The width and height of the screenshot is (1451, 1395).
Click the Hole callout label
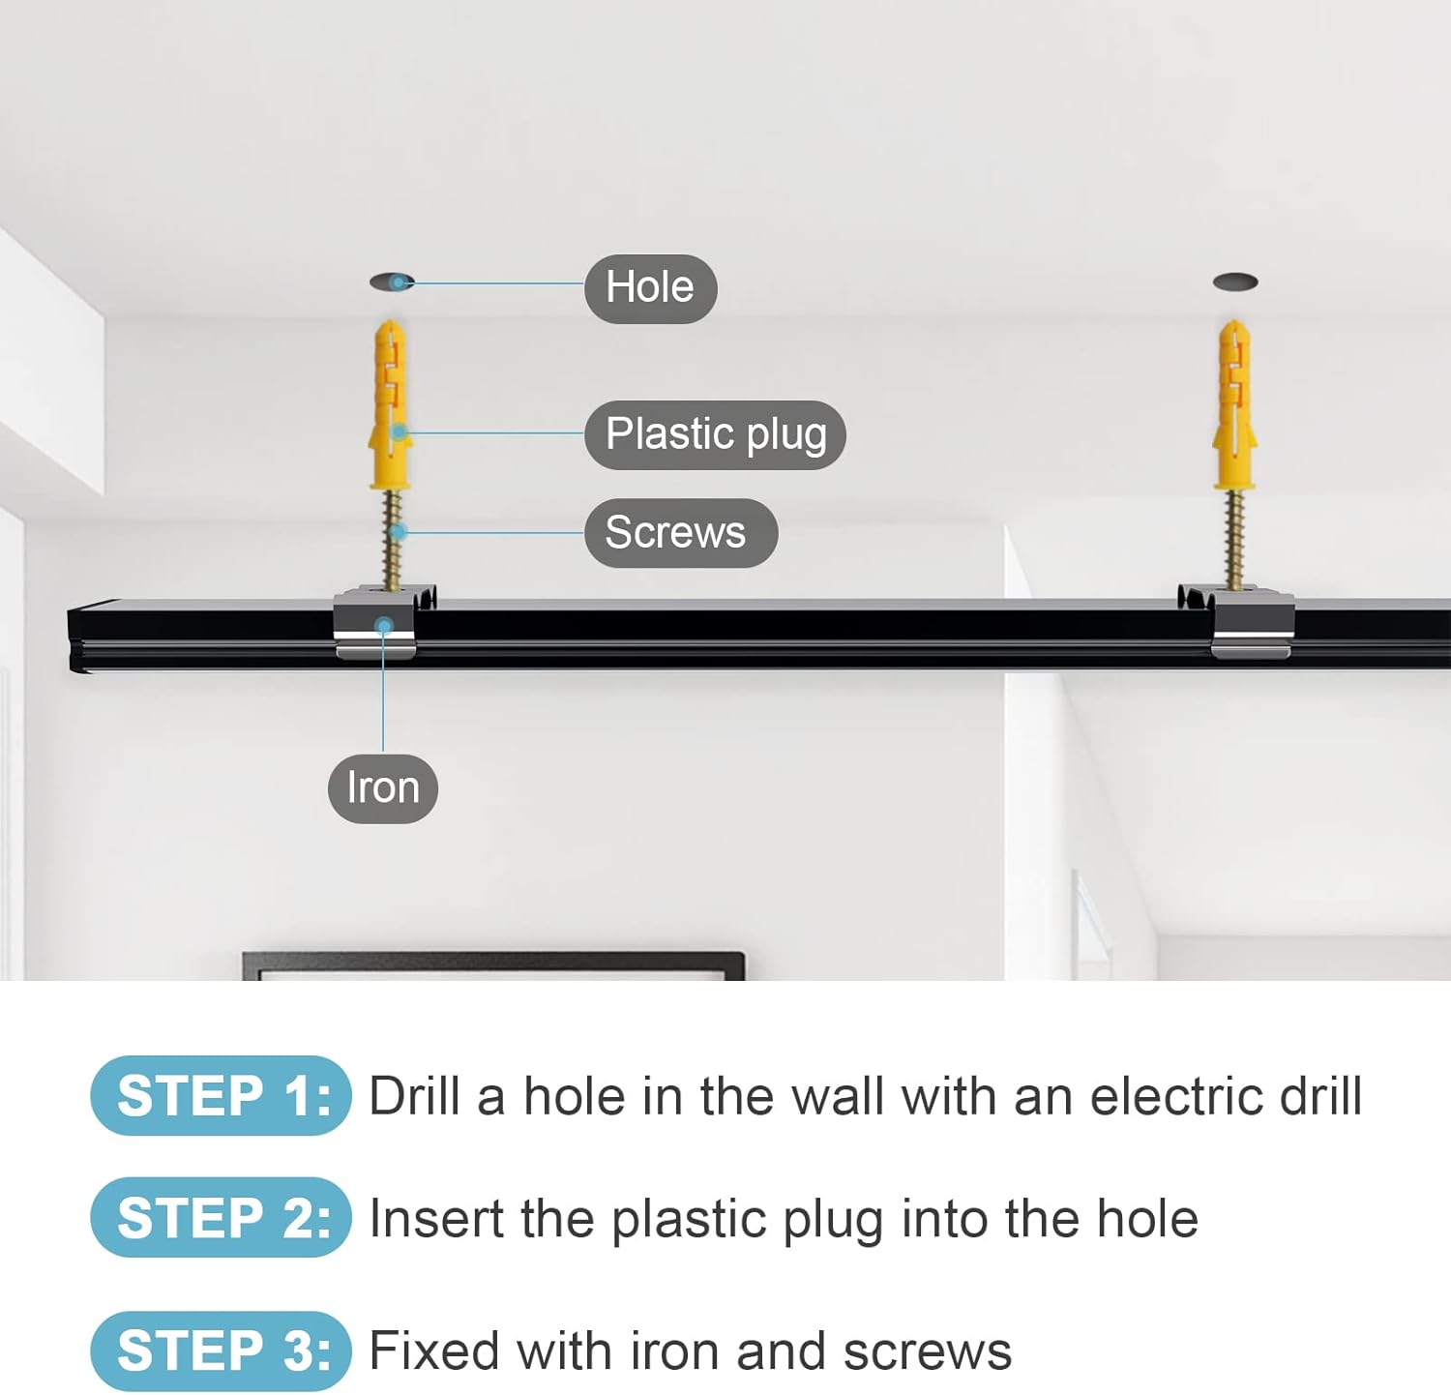pyautogui.click(x=650, y=288)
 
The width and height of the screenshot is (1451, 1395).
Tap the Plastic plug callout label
pyautogui.click(x=715, y=434)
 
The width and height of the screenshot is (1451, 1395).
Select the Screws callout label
pyautogui.click(x=680, y=533)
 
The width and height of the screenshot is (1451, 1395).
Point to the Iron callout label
pyautogui.click(x=383, y=788)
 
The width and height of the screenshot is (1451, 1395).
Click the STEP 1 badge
pyautogui.click(x=221, y=1096)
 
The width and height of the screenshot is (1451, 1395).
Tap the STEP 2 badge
pyautogui.click(x=221, y=1217)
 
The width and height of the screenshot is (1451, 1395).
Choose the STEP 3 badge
pyautogui.click(x=221, y=1350)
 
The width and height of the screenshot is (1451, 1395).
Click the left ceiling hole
pyautogui.click(x=392, y=282)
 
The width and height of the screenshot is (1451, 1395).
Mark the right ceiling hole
pyautogui.click(x=1235, y=282)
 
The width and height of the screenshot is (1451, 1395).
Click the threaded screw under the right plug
pyautogui.click(x=1234, y=540)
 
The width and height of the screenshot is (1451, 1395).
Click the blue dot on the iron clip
pyautogui.click(x=384, y=627)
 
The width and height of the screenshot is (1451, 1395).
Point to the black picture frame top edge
pyautogui.click(x=493, y=958)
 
